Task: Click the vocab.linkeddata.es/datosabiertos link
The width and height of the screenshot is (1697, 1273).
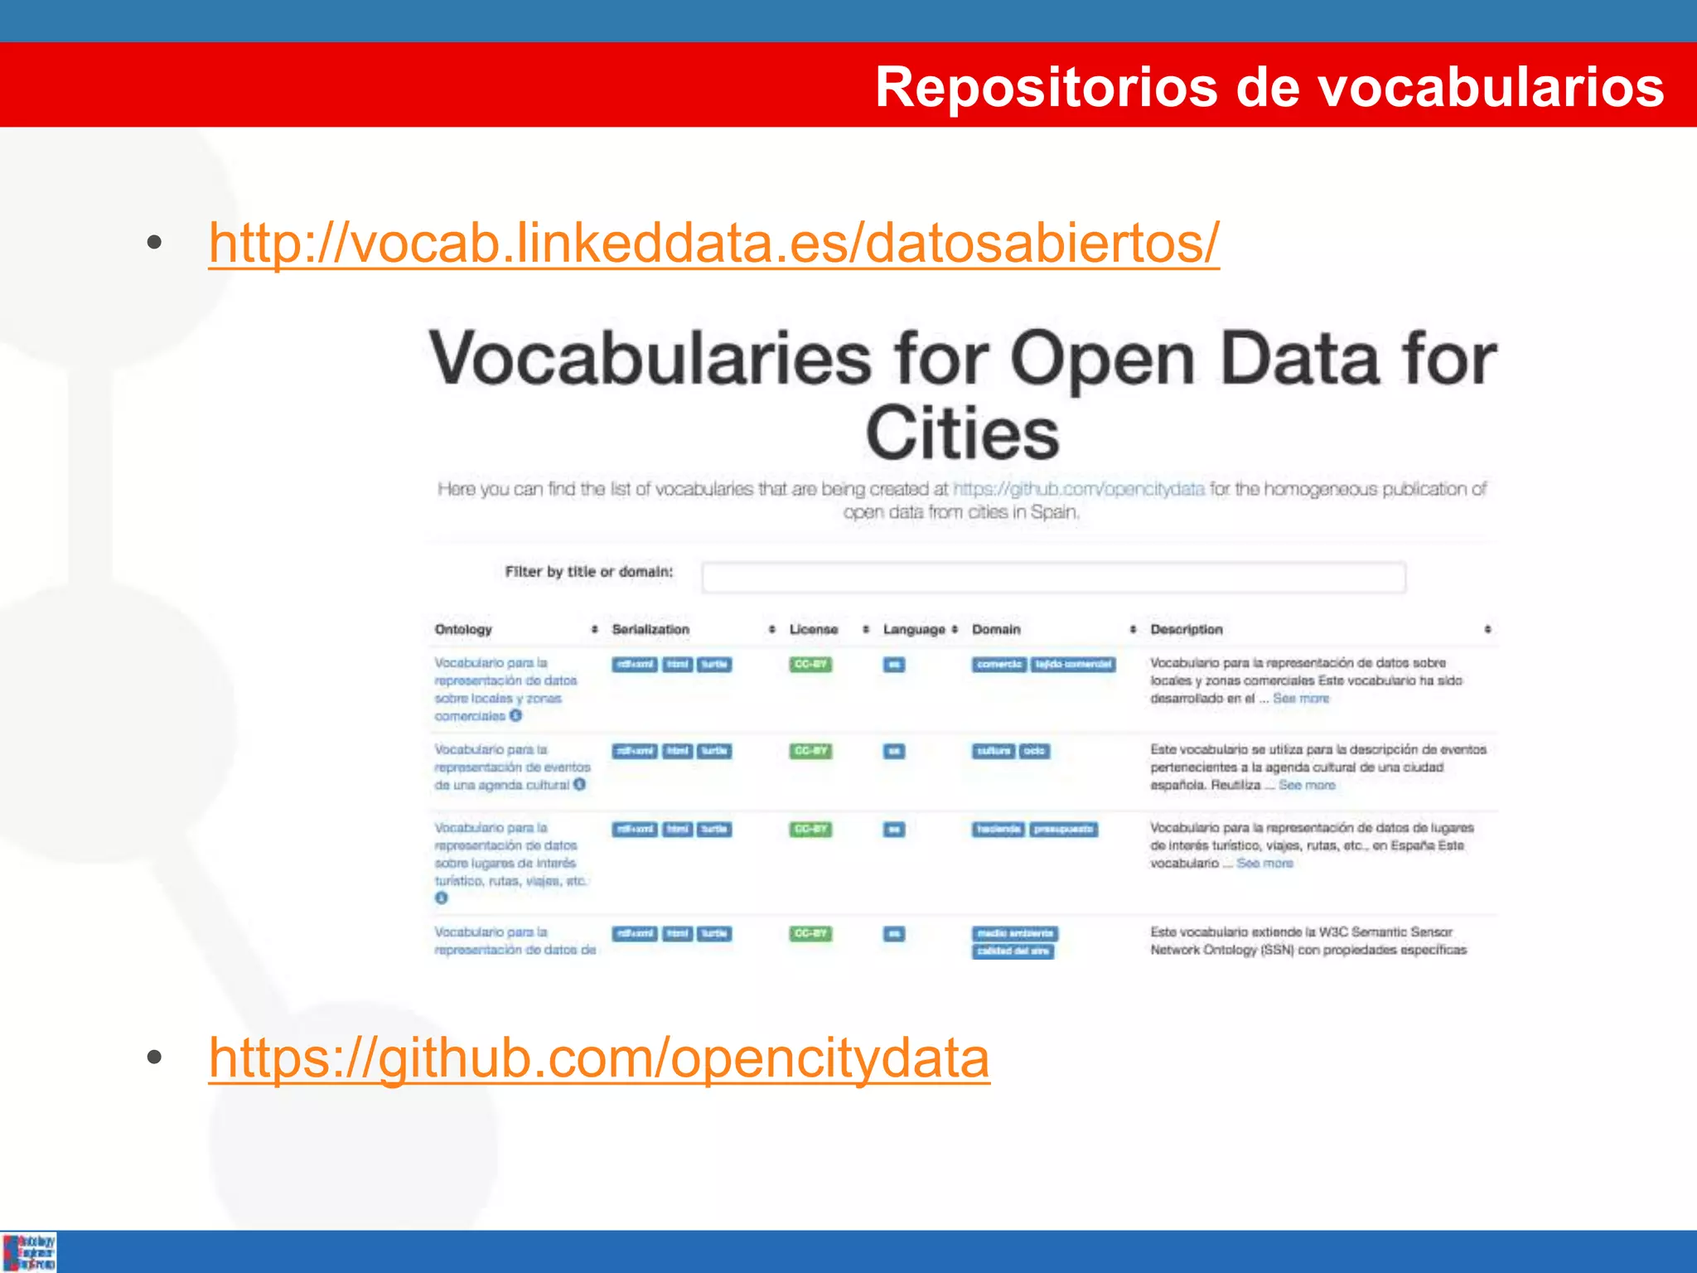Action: coord(713,243)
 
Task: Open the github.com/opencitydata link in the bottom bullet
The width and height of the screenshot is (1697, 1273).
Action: coord(599,1058)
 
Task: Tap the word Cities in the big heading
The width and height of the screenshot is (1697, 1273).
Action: coord(962,433)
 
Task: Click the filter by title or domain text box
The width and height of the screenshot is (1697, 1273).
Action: coord(1053,577)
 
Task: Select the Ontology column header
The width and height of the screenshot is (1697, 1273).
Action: coord(463,629)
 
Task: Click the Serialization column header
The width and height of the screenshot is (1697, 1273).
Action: coord(650,629)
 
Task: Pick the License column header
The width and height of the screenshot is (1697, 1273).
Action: coord(813,629)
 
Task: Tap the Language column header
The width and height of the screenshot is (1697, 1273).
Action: coord(913,629)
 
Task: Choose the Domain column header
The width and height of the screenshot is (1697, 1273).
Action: coord(996,629)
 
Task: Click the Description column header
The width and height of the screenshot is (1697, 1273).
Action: coord(1186,629)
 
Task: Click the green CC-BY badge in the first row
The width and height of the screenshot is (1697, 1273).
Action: coord(810,664)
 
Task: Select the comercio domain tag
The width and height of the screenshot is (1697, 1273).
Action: coord(999,664)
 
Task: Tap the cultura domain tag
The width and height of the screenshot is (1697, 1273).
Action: coord(994,751)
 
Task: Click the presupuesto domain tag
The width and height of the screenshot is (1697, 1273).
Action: coord(1064,829)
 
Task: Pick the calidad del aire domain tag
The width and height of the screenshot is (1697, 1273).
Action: coord(1013,951)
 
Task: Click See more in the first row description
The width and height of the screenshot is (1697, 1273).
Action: coord(1301,699)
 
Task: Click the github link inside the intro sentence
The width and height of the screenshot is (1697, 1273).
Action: coord(1079,489)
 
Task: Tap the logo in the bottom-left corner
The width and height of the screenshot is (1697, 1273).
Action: coord(29,1251)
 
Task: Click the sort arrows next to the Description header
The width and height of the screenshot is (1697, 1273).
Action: coord(1487,629)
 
